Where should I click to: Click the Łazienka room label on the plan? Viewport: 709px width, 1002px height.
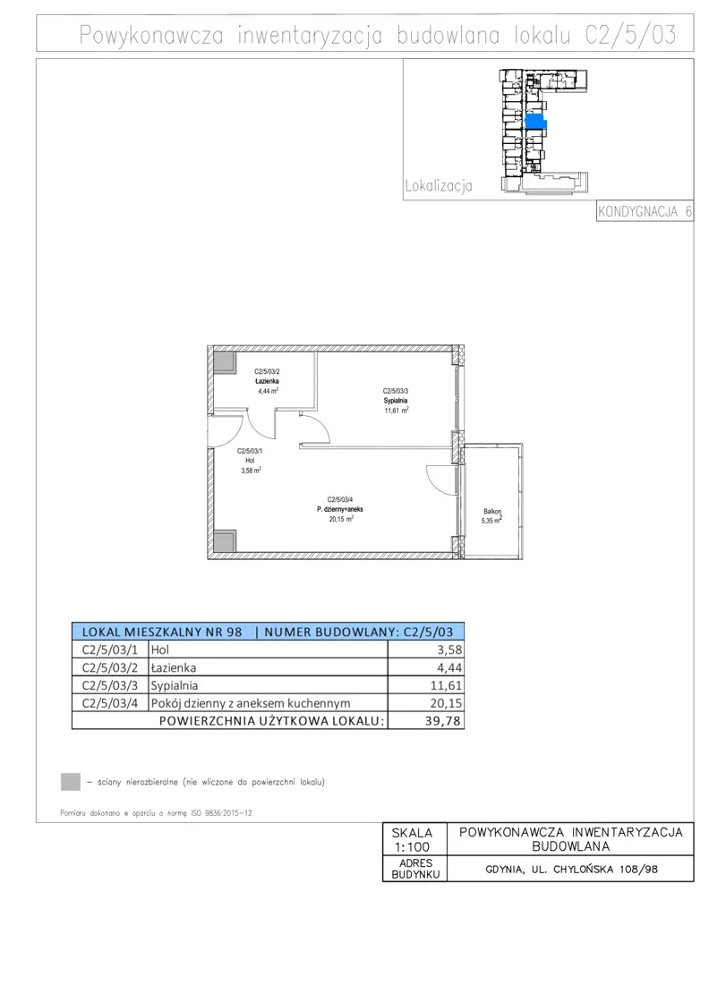267,381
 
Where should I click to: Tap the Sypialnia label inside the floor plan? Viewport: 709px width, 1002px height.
396,401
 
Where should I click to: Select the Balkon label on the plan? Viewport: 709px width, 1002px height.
492,511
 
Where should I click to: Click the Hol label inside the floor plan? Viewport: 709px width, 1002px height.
250,460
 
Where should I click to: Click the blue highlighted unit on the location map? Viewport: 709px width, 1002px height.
535,122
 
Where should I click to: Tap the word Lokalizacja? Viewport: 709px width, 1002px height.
439,186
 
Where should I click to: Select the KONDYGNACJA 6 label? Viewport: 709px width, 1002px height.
645,211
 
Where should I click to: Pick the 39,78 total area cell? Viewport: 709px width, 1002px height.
443,721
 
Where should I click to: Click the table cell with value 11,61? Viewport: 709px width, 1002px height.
446,685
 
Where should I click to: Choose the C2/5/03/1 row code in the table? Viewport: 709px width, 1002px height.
109,650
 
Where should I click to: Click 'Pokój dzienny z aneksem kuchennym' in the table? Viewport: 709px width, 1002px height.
251,703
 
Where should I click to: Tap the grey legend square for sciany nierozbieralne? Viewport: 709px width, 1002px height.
71,782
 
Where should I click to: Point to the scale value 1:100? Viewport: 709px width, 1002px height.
412,847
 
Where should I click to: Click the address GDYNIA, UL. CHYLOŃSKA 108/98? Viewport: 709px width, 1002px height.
571,869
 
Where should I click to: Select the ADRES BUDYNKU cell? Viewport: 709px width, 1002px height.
414,869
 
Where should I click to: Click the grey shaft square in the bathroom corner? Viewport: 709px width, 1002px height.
225,361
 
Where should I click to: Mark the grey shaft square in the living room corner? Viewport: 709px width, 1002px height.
225,542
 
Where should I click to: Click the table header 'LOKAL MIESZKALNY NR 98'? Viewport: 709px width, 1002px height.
162,632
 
